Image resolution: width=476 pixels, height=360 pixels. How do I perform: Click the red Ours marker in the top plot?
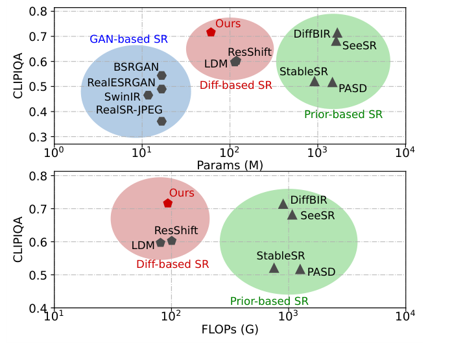pos(211,32)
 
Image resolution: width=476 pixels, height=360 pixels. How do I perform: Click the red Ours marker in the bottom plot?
pos(167,203)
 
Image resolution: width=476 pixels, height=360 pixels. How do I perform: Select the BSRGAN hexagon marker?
pos(161,76)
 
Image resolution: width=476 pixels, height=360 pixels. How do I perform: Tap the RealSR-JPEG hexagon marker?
pos(161,121)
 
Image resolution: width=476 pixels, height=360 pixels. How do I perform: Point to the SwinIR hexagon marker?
pos(148,95)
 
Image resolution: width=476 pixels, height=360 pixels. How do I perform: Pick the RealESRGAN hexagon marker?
pos(161,89)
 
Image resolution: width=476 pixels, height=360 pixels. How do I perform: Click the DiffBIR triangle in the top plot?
pos(337,32)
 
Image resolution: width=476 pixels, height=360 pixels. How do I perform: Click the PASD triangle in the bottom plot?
pos(300,269)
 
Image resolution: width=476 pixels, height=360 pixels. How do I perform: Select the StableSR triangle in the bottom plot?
pos(274,268)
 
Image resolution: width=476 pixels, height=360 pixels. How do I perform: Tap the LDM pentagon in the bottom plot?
pos(160,243)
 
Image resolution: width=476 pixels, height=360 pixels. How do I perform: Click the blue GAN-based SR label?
pos(128,39)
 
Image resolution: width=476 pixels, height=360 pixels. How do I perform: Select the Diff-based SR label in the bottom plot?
pos(173,264)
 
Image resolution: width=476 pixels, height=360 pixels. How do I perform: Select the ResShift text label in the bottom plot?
pos(176,230)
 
